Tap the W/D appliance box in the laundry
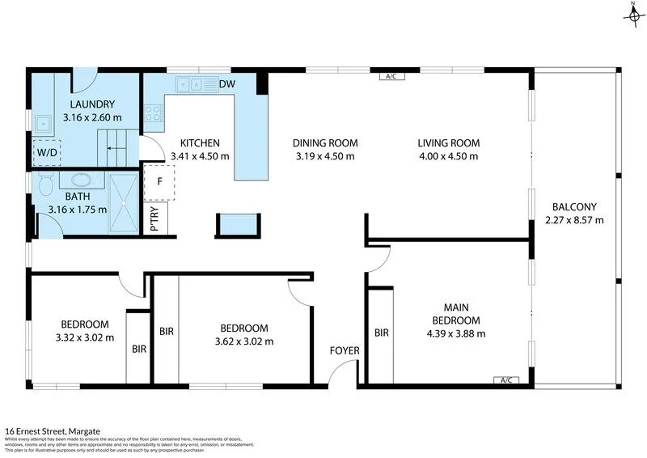(46, 152)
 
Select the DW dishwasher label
(226, 83)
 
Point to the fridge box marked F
(160, 181)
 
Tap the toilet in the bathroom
(44, 185)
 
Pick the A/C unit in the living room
(392, 77)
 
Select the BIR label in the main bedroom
(382, 332)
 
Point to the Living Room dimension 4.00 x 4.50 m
(447, 156)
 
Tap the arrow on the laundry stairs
(118, 150)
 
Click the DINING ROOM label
(324, 143)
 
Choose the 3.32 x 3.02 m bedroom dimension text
(85, 337)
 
